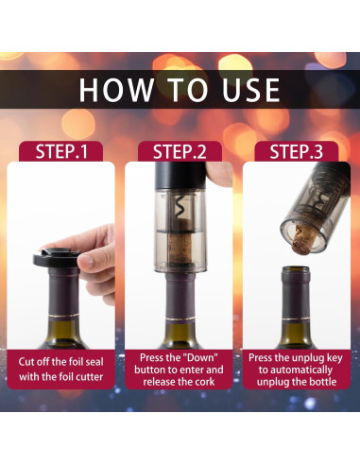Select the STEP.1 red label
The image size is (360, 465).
tap(61, 151)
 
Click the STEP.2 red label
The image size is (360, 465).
tap(180, 151)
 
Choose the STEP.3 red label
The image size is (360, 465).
tap(298, 151)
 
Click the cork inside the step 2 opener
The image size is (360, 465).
tap(180, 250)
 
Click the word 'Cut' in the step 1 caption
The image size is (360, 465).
tap(30, 362)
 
